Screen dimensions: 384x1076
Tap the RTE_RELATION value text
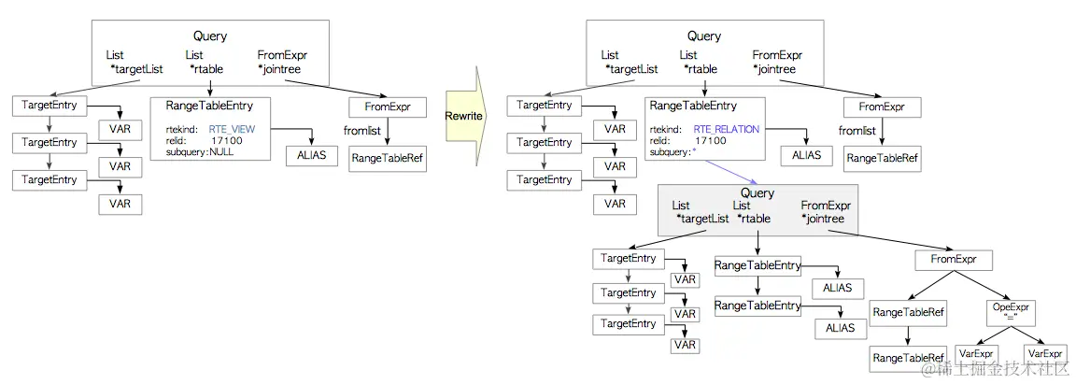tap(727, 129)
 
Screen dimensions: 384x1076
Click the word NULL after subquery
tap(221, 151)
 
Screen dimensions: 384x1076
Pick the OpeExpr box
tap(1008, 310)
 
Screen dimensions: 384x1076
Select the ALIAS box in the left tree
tap(311, 154)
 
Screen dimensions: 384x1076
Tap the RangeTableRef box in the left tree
tap(388, 159)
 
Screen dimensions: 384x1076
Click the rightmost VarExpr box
tap(1044, 354)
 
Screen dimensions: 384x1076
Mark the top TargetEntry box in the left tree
tap(49, 105)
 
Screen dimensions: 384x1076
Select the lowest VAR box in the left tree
tap(120, 204)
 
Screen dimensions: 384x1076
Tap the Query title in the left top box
tap(210, 36)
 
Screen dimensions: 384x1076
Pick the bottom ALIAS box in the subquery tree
tap(841, 328)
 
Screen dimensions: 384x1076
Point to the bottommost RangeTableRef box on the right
tap(908, 358)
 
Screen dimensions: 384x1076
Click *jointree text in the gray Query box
tap(823, 219)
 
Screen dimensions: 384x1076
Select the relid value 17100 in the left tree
tap(227, 140)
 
